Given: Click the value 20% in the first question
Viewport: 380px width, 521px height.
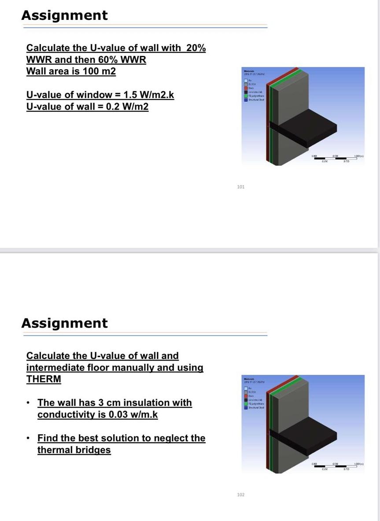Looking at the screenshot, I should (x=196, y=48).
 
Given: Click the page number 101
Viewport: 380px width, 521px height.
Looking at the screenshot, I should (x=240, y=187).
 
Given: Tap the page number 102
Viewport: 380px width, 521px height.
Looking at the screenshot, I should (x=240, y=495).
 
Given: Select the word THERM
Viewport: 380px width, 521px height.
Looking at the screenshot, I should (x=44, y=379).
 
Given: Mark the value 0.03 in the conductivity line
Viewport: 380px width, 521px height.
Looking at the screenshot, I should (x=120, y=414).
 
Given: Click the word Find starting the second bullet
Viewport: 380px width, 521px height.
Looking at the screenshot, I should (x=47, y=438).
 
